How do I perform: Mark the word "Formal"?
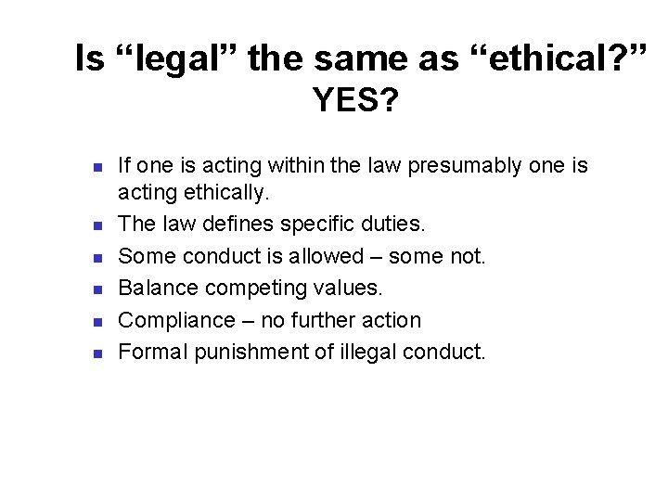(x=153, y=353)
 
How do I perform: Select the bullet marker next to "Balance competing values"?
(x=96, y=289)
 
